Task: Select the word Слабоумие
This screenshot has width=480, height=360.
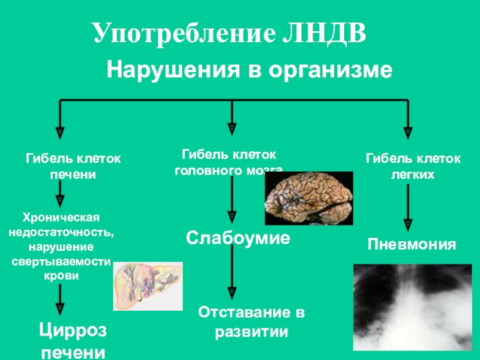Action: point(238,238)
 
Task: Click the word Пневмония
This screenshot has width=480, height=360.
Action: point(412,245)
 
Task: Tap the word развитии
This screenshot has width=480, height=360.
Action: point(252,331)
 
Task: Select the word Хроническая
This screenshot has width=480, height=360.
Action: point(60,216)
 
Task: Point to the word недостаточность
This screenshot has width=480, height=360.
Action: point(59,231)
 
